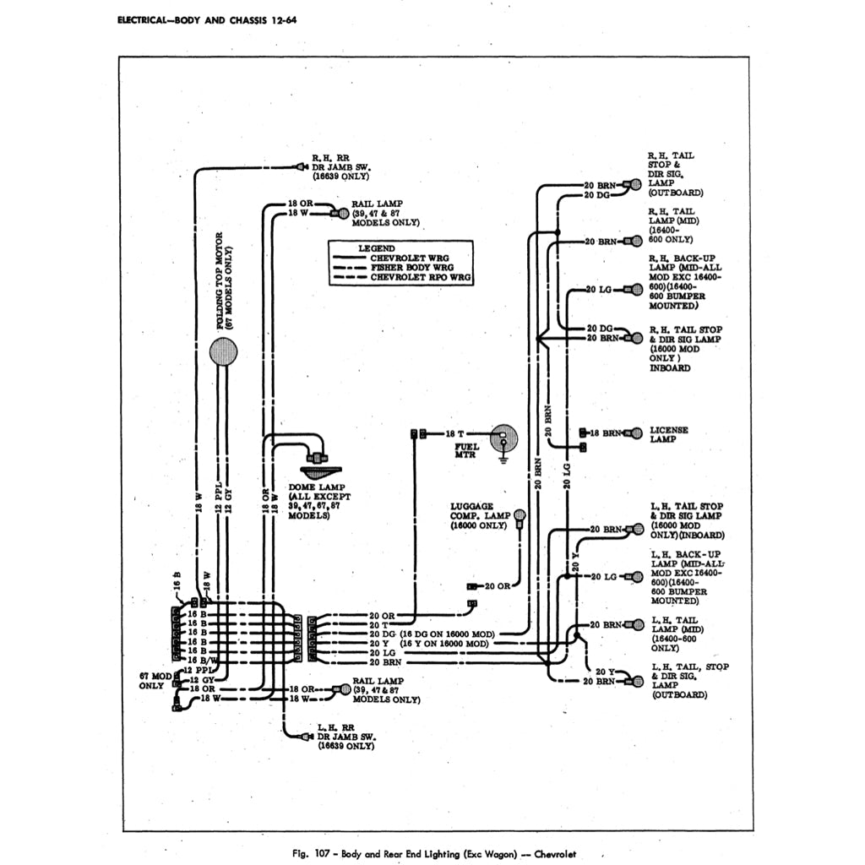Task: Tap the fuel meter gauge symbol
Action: [x=504, y=438]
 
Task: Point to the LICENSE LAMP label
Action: [x=668, y=434]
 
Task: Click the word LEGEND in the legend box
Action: [x=376, y=248]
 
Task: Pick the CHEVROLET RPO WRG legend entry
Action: [x=420, y=276]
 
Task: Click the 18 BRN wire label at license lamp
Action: [x=605, y=433]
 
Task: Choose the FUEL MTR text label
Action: [x=465, y=450]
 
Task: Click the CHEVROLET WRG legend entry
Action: [x=410, y=258]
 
